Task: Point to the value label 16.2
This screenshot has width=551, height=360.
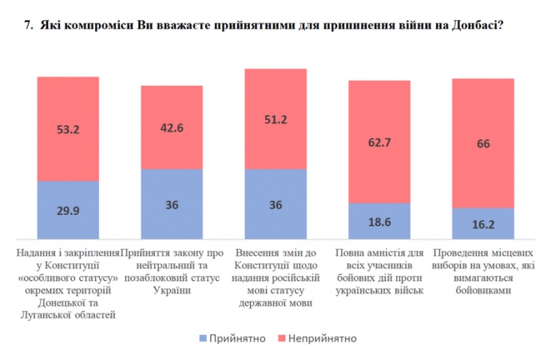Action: pos(482,225)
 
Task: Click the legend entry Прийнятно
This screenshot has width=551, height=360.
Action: pos(237,338)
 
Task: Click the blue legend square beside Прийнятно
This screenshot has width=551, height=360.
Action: pos(203,338)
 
